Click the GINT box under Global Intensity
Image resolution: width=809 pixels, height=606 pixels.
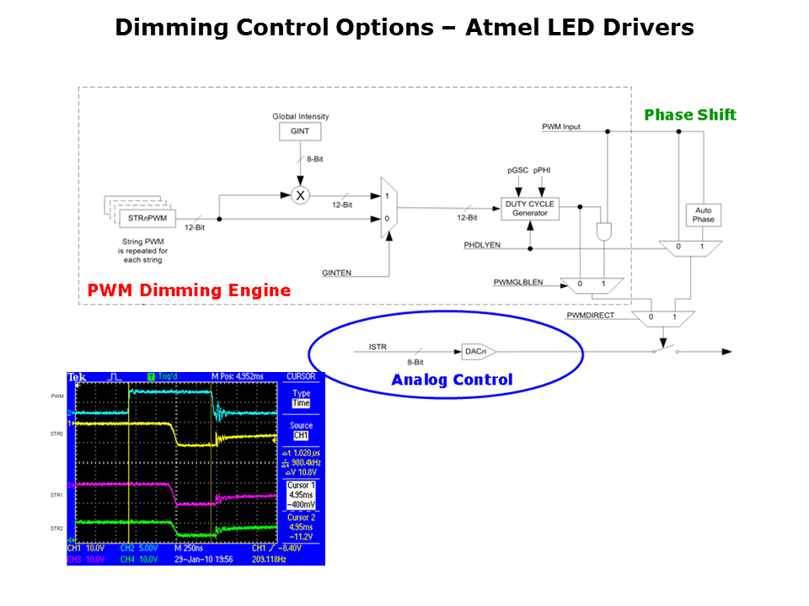[300, 132]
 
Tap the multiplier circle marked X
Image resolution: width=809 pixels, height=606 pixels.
[300, 194]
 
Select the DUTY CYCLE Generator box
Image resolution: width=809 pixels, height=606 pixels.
[530, 208]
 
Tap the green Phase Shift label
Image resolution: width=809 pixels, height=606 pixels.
[689, 114]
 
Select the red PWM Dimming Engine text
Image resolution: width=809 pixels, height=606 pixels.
[189, 290]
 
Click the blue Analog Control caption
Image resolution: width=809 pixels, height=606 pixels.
[452, 380]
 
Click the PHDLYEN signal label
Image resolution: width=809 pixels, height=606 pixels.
[483, 246]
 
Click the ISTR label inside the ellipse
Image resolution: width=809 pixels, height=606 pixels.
[377, 346]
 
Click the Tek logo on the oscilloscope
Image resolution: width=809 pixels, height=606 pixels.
[77, 376]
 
